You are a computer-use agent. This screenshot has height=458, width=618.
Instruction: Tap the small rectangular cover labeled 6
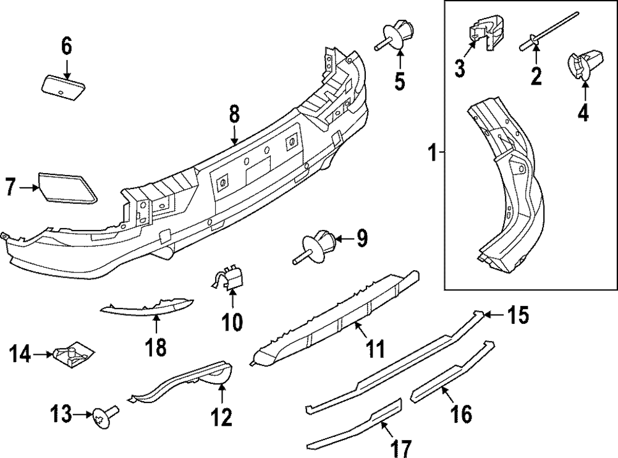tap(63, 85)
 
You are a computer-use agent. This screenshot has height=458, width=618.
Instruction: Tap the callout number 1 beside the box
tap(434, 151)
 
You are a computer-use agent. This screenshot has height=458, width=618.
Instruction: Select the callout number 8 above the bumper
tap(234, 116)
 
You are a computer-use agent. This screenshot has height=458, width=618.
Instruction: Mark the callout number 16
tap(461, 412)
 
